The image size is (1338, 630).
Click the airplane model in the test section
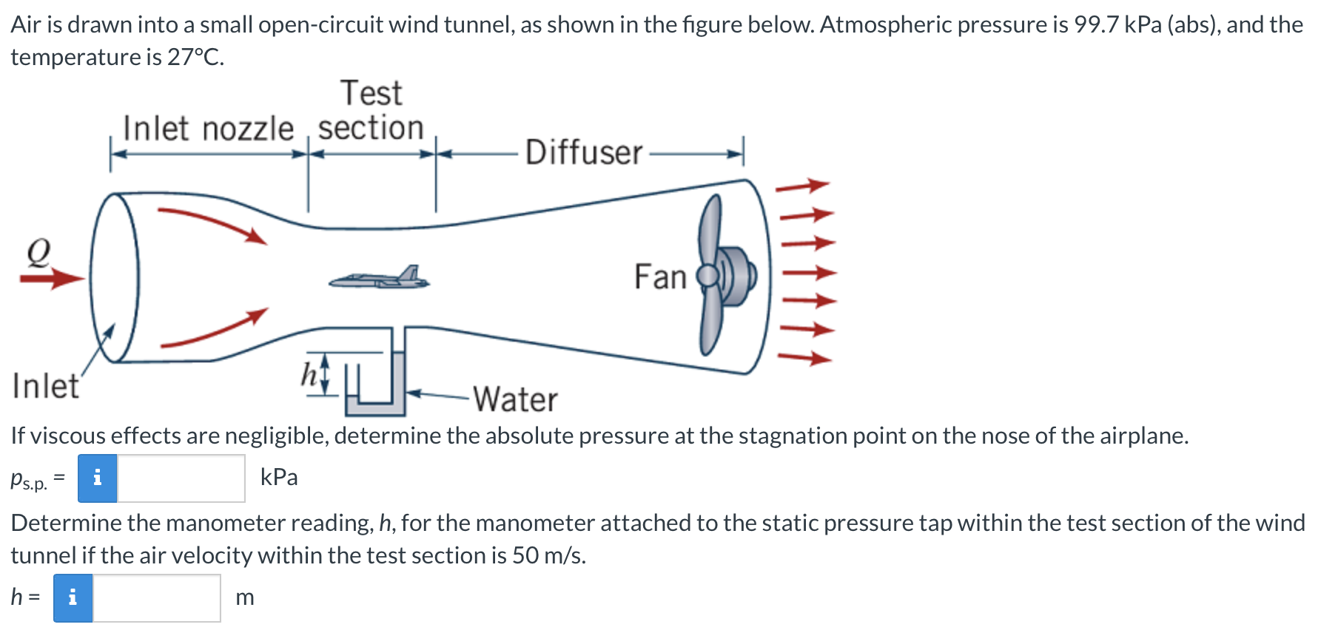click(x=379, y=279)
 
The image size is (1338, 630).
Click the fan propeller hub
click(x=708, y=276)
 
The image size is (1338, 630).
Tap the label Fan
click(x=660, y=277)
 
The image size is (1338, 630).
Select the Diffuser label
click(x=583, y=153)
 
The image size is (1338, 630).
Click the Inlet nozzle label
click(x=208, y=129)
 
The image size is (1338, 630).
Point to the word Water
click(x=516, y=399)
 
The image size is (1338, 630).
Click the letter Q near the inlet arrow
click(x=38, y=251)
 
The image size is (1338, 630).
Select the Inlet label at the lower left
click(x=45, y=386)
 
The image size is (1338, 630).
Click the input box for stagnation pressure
click(x=181, y=478)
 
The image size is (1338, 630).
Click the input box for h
click(x=156, y=598)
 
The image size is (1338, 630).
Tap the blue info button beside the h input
click(x=73, y=598)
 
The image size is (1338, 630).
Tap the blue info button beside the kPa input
click(x=98, y=478)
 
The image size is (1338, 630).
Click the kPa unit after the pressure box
click(x=279, y=478)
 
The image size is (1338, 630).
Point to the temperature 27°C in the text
click(x=195, y=57)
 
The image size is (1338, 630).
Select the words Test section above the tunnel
click(x=371, y=111)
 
